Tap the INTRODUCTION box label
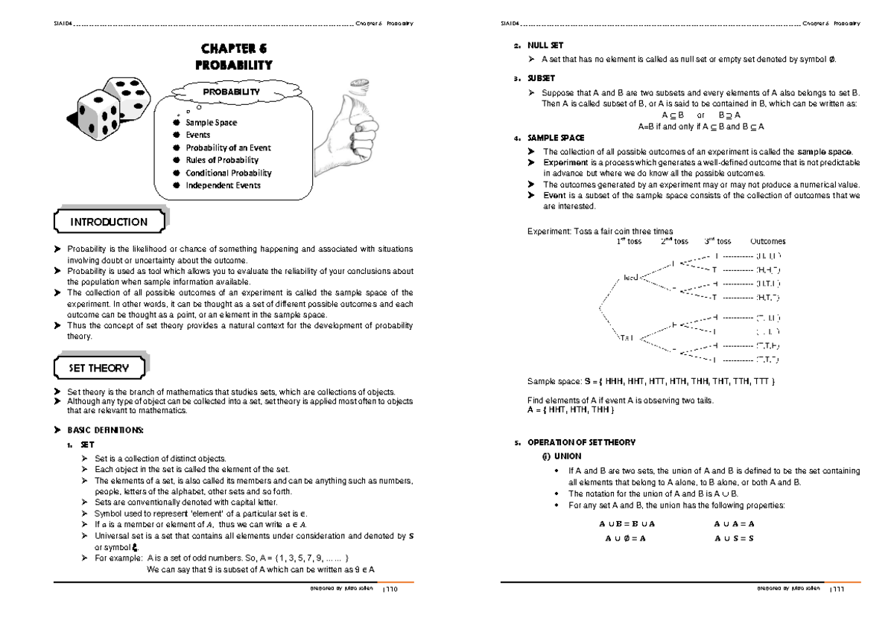109,222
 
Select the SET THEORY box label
98,368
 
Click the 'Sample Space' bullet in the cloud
212,123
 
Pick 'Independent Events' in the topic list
223,185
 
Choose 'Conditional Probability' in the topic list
228,173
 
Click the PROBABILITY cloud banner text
233,92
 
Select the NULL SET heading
545,45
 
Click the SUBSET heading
542,78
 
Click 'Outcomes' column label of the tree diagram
767,241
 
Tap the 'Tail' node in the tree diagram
625,338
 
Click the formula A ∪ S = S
735,538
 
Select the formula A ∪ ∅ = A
622,538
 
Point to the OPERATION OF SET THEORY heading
581,442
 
